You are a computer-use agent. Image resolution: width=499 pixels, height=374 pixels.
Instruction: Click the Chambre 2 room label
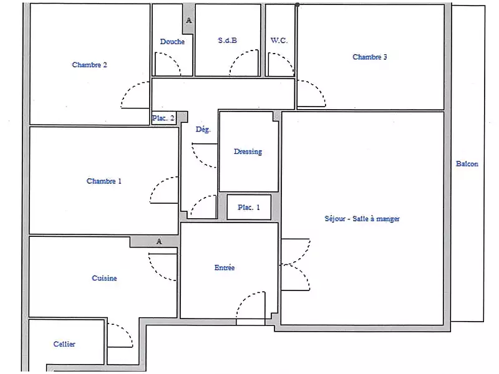89,65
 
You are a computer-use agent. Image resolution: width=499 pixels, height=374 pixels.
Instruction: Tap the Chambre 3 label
370,57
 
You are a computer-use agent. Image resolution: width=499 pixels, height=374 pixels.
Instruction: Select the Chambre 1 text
104,181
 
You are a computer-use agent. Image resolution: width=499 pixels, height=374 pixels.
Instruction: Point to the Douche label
172,42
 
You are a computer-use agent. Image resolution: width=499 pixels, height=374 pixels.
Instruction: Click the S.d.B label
228,41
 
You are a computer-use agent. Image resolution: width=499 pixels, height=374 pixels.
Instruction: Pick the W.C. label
279,41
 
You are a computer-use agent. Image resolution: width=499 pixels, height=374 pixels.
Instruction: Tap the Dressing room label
248,151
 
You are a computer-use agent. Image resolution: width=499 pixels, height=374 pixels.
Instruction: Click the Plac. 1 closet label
249,208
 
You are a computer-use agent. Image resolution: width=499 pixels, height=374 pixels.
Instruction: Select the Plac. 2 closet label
163,118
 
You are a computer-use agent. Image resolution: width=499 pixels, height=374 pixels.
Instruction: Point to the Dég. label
203,129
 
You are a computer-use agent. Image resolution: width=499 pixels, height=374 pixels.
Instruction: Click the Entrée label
225,268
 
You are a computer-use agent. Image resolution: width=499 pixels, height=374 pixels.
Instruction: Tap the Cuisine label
104,278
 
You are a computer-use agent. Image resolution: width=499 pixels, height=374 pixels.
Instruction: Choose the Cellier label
64,344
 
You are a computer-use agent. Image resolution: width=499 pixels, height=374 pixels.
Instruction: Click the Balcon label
467,164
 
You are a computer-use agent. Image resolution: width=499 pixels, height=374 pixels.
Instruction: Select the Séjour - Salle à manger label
362,219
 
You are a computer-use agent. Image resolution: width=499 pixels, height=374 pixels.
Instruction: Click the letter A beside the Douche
189,21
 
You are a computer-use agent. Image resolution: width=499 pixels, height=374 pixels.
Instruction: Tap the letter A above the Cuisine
159,241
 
